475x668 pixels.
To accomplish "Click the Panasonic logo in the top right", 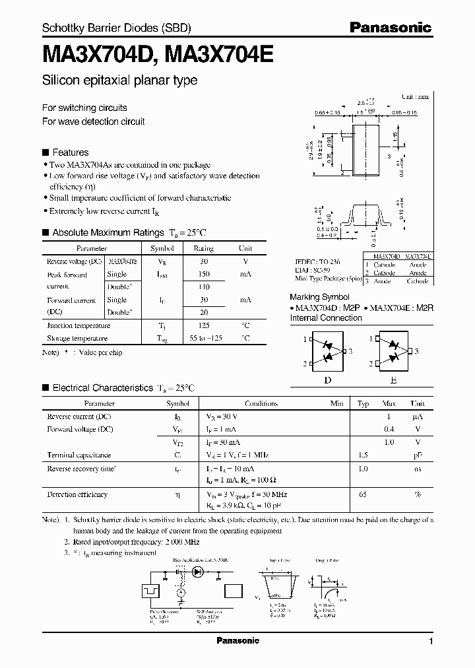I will [390, 27].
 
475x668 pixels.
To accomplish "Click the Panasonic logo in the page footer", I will [237, 640].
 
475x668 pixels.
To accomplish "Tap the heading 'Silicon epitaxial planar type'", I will [119, 81].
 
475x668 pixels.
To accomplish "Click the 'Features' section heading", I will [70, 152].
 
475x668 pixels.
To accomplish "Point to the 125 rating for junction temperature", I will [203, 325].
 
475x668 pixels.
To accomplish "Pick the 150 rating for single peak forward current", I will [203, 274].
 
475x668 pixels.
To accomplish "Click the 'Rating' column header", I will [203, 249].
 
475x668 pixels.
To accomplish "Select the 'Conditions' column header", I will [261, 403].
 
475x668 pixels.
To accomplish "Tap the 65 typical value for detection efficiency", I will [362, 494].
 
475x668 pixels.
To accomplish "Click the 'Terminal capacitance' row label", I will [79, 455].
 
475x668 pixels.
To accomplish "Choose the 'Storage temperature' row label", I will [77, 338].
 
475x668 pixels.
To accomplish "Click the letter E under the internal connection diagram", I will [393, 380].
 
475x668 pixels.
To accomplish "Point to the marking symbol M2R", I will [426, 308].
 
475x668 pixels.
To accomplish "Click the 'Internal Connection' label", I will [326, 318].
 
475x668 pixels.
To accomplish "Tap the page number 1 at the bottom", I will [431, 641].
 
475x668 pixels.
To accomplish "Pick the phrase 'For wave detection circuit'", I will [93, 121].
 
